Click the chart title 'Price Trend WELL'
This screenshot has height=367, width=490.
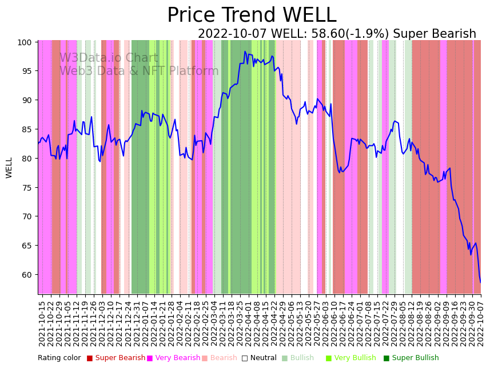[252, 15]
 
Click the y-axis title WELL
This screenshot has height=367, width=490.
[9, 168]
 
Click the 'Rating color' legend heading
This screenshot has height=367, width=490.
[59, 358]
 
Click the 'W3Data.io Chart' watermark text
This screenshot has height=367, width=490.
[109, 58]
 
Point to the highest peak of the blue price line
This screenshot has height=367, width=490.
[245, 52]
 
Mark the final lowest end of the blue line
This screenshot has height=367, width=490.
[480, 282]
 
